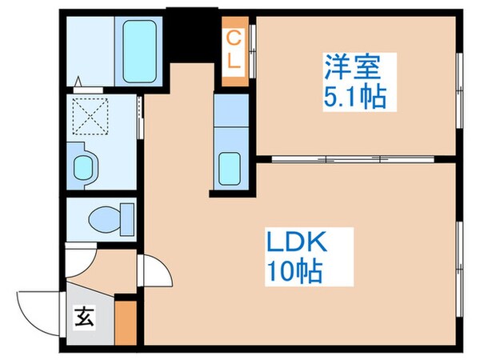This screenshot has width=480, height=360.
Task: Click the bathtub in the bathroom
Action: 141,49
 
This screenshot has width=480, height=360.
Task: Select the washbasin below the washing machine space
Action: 83,167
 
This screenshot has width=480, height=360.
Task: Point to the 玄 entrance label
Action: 84,317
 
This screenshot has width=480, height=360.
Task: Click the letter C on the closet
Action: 234,36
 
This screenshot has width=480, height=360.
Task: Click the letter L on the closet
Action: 234,62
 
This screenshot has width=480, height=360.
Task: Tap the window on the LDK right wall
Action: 460,256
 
